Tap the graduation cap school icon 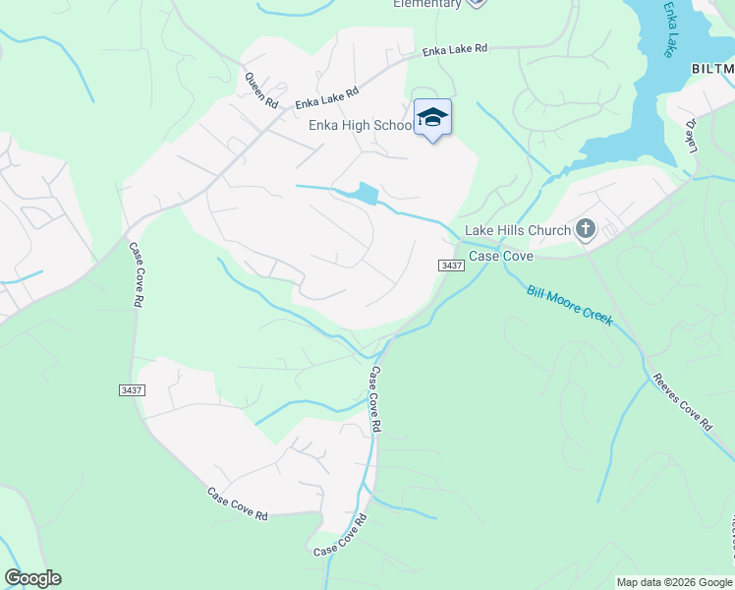[432, 117]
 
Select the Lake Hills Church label [517, 231]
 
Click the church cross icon [586, 230]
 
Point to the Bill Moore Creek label [570, 305]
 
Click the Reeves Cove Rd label [681, 401]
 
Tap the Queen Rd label [261, 89]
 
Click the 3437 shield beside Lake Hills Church [451, 265]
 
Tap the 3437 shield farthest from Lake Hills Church [132, 390]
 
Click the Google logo [32, 578]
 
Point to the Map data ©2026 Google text [673, 582]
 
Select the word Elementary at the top [426, 4]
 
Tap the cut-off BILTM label [712, 69]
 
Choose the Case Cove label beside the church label [500, 256]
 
